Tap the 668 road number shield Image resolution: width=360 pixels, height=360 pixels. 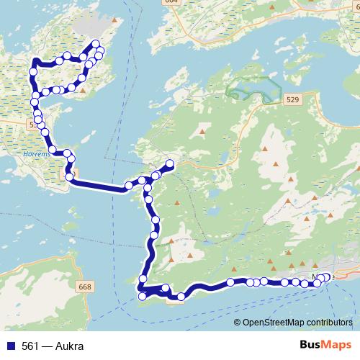click(x=84, y=287)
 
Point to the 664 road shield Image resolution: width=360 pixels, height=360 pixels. click(x=171, y=2)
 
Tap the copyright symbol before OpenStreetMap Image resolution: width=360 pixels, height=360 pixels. click(x=238, y=323)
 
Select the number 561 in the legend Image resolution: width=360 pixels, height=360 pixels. click(x=30, y=346)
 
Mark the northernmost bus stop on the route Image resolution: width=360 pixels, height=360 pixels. click(x=95, y=45)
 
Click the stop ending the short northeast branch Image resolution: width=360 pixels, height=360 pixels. click(x=171, y=163)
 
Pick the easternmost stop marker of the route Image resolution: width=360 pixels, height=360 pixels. click(x=328, y=277)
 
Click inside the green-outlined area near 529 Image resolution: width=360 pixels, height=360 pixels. click(x=252, y=90)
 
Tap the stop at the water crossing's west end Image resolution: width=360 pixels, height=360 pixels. click(x=70, y=176)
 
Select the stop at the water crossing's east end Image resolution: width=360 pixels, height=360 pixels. click(x=129, y=186)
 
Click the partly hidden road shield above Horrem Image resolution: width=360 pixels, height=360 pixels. click(x=33, y=125)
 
